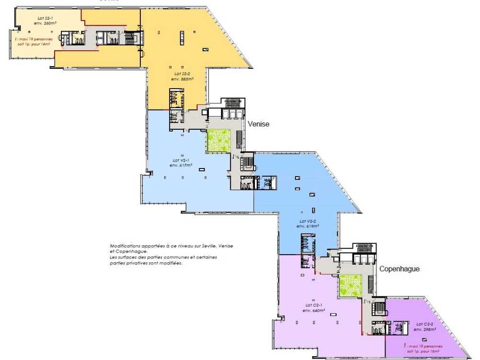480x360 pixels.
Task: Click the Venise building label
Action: click(259, 124)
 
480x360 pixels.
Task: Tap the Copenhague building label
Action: click(400, 269)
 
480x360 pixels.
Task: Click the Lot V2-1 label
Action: click(181, 160)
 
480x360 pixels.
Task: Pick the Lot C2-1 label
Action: click(314, 305)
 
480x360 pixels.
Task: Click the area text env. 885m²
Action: click(182, 79)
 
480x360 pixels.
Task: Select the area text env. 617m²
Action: click(181, 165)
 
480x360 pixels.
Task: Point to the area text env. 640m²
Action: click(314, 310)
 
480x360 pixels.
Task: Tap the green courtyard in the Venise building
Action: click(219, 141)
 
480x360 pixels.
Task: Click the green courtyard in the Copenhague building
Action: click(350, 286)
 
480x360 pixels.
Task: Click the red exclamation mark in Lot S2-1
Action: click(16, 39)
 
